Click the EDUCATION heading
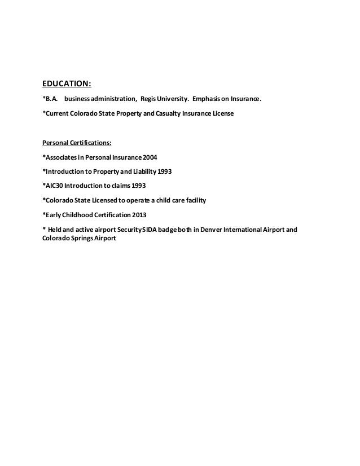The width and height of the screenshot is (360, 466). tap(67, 85)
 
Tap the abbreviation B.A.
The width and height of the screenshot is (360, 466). tap(51, 100)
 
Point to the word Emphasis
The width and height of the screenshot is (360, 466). tap(201, 100)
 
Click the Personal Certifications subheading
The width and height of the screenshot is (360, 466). tap(77, 142)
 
